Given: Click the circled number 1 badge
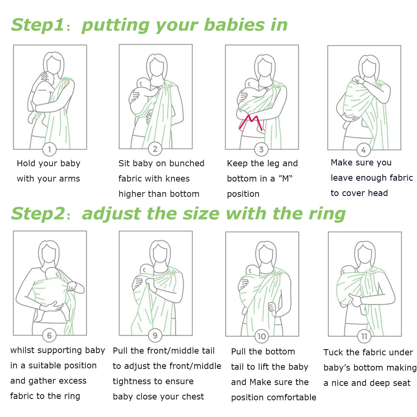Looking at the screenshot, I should [x=49, y=150].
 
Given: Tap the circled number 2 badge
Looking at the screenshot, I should [x=155, y=149].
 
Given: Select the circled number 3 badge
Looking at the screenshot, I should [x=261, y=150].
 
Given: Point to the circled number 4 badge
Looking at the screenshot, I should [x=364, y=150].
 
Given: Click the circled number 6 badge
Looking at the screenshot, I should [x=49, y=336].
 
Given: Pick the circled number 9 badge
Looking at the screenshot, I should [x=155, y=336].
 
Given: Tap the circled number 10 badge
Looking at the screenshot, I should [x=262, y=336].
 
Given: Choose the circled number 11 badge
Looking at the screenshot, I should [x=364, y=337].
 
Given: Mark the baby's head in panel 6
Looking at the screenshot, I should [x=53, y=274].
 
